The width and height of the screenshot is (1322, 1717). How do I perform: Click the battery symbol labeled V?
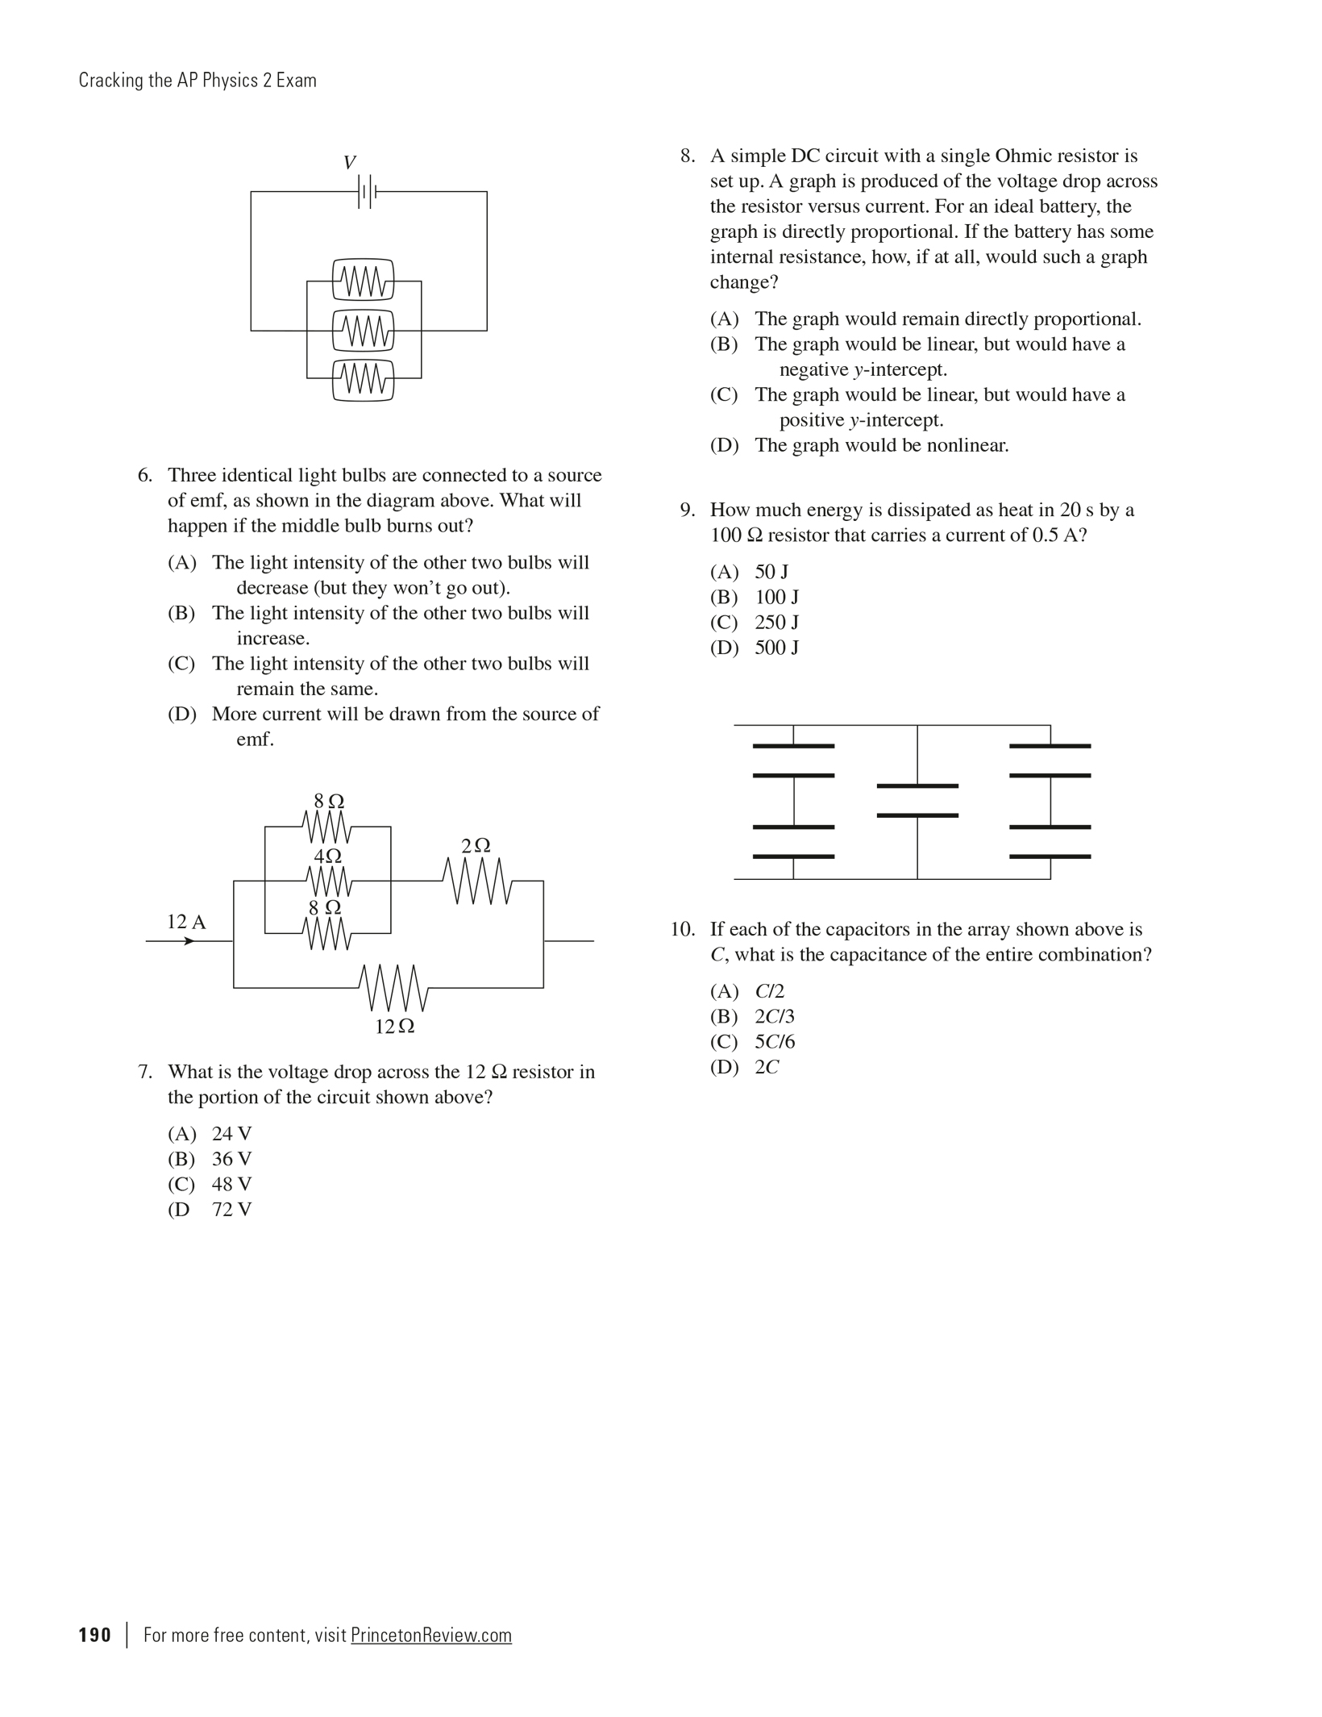click(367, 192)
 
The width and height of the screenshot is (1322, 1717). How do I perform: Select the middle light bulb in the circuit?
click(364, 330)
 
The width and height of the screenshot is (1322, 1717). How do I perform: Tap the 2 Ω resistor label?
click(476, 846)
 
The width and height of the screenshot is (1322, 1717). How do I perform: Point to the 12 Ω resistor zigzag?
click(394, 987)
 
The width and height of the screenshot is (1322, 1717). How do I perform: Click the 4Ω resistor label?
click(327, 856)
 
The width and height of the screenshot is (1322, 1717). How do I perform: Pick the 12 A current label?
click(186, 922)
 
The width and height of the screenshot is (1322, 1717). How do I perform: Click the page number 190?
click(95, 1635)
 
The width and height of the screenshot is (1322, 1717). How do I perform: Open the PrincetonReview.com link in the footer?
click(431, 1635)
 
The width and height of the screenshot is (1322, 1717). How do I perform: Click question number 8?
click(687, 156)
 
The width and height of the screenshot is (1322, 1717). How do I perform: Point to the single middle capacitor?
click(917, 800)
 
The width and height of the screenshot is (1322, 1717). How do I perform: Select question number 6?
click(144, 475)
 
